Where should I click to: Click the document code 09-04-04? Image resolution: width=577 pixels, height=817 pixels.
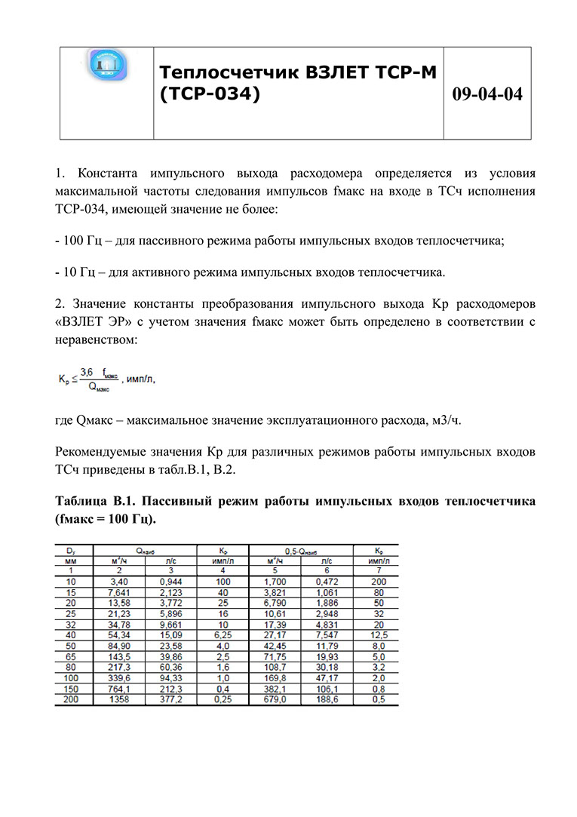[487, 94]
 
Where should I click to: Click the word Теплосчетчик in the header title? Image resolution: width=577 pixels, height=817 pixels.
[229, 72]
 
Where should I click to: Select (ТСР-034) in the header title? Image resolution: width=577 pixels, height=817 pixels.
[209, 95]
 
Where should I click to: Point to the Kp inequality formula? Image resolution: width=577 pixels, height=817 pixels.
[106, 379]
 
